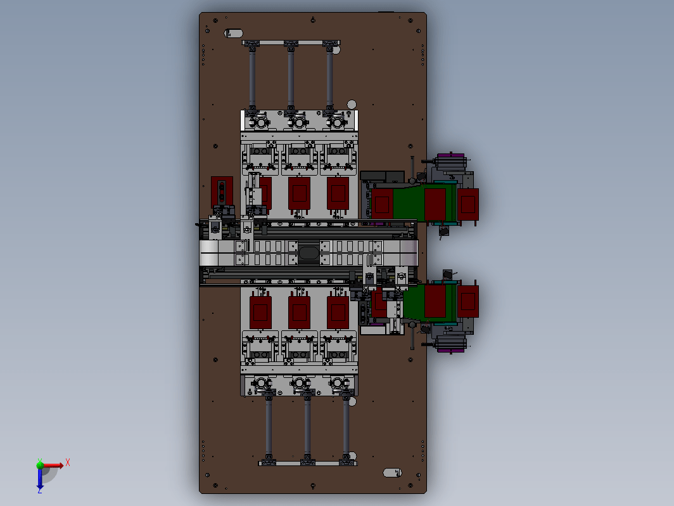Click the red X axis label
(68, 463)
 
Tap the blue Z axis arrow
(40, 479)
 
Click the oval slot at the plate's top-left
(233, 33)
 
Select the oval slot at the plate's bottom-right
(392, 472)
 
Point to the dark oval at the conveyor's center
(308, 252)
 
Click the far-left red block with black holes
(222, 191)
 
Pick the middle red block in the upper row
(299, 193)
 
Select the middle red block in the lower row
(299, 313)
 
